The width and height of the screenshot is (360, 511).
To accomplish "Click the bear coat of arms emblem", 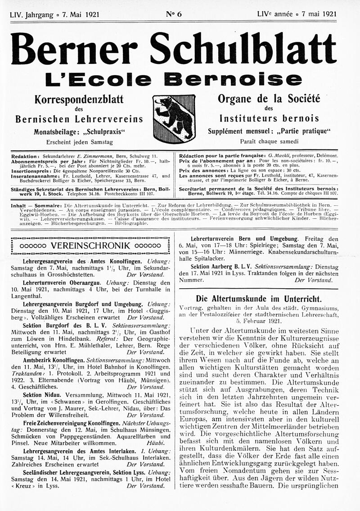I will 174,118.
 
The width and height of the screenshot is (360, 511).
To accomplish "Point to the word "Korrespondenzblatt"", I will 79,99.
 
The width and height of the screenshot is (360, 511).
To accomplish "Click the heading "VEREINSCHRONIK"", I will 90,246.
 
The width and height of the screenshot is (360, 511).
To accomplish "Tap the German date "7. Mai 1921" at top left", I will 81,14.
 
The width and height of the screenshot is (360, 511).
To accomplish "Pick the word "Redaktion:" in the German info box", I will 25,156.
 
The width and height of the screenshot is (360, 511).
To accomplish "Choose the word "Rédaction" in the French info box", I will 194,156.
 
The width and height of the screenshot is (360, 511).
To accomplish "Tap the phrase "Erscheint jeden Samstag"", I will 79,142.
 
